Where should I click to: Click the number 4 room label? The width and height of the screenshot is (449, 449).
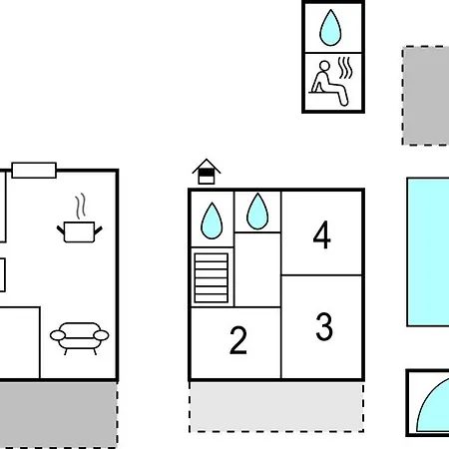point(321,234)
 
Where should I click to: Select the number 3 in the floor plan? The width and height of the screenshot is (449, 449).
point(324,326)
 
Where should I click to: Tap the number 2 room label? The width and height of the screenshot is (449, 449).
point(238,339)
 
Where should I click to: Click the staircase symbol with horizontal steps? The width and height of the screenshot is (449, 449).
point(212,277)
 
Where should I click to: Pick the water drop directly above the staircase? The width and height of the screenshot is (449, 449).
point(212,221)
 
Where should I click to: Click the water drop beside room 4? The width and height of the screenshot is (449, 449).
point(257,212)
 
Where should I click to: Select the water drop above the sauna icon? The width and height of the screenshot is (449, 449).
point(330,28)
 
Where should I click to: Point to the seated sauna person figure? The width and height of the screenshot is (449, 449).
point(328,83)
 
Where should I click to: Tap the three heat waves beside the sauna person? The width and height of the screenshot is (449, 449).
point(345,68)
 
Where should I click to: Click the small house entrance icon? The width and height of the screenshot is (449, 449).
point(207,172)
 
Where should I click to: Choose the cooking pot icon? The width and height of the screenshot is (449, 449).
point(80,231)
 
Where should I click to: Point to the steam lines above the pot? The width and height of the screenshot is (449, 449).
point(80,207)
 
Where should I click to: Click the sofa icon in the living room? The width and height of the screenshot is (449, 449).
point(79,338)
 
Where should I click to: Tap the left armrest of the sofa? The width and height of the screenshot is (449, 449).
point(58,335)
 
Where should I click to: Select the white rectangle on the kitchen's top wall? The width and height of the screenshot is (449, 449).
point(34,171)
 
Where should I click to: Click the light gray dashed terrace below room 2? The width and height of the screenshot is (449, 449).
point(276,407)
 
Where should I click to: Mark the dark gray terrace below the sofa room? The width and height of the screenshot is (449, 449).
point(59,414)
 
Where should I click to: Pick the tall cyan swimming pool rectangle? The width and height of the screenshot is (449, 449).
point(428,252)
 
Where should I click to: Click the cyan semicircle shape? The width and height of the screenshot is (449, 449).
point(433,405)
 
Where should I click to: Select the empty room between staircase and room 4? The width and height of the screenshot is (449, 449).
point(257,269)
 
